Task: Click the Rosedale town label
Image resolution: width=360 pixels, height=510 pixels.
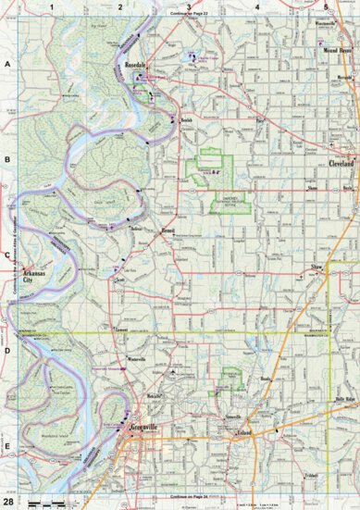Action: point(137,67)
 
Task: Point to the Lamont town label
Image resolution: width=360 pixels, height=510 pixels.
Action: point(119,328)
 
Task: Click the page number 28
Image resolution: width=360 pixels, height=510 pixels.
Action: point(8,501)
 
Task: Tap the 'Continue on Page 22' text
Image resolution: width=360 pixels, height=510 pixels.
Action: point(190,15)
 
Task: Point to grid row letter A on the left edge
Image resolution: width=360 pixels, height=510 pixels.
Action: point(7,64)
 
